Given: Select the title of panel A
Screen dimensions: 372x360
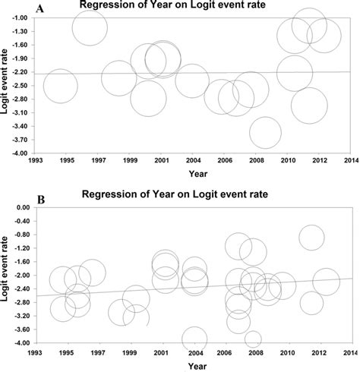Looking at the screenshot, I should click(x=182, y=8).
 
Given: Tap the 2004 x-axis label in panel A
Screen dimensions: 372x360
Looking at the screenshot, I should click(x=193, y=161).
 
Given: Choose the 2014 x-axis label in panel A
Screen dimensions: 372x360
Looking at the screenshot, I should click(x=350, y=161).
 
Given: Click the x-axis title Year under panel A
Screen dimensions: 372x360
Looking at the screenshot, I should click(x=193, y=172).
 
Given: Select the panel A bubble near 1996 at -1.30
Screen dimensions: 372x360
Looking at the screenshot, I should click(x=90, y=29).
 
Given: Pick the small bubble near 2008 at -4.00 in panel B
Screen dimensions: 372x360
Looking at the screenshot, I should click(x=253, y=339).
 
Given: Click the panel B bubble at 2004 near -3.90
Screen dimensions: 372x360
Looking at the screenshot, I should click(x=194, y=339).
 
